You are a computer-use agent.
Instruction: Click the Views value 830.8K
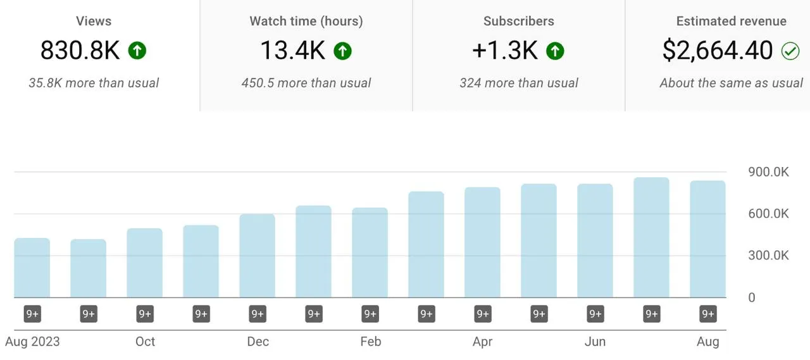[80, 51]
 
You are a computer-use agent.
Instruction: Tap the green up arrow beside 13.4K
[342, 51]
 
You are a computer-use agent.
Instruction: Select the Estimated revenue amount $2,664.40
[718, 51]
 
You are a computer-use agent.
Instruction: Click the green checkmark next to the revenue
[790, 51]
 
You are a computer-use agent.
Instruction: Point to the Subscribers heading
[518, 21]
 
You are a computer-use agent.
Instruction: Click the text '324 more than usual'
[518, 83]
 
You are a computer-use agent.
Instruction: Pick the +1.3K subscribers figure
[504, 51]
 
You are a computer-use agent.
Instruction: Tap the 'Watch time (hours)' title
[306, 21]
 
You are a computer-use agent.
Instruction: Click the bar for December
[258, 256]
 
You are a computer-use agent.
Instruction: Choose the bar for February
[370, 252]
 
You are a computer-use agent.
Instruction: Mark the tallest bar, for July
[651, 237]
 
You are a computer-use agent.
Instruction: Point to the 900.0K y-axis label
[768, 172]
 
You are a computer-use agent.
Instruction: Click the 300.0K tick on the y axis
[768, 256]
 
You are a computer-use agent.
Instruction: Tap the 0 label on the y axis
[752, 297]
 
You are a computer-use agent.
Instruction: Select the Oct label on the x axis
[145, 342]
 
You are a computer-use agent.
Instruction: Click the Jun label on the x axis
[595, 342]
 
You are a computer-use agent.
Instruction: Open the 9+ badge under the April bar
[483, 314]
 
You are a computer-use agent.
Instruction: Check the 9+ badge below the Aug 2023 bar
[32, 314]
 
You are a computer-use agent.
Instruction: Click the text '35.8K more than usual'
[94, 83]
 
